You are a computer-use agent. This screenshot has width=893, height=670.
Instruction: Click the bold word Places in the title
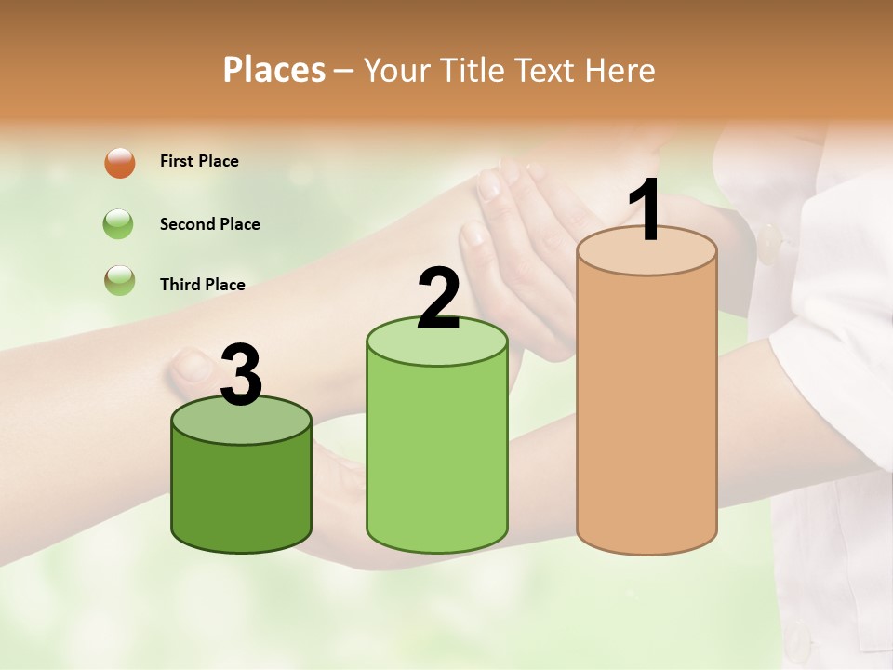(274, 70)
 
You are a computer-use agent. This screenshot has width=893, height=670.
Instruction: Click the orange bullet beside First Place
(120, 163)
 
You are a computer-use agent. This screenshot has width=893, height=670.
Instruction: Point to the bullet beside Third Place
(120, 281)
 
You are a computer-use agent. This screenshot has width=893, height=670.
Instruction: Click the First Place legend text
(199, 161)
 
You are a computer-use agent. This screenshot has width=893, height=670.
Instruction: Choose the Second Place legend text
(209, 224)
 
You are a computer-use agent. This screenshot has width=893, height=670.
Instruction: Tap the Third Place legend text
(202, 285)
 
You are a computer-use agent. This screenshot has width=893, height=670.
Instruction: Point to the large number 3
(241, 375)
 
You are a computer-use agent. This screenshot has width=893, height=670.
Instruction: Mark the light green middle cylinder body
(437, 456)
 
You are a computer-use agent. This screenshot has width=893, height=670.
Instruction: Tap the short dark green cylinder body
(241, 493)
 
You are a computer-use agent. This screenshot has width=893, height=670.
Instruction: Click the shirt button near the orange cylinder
(769, 243)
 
